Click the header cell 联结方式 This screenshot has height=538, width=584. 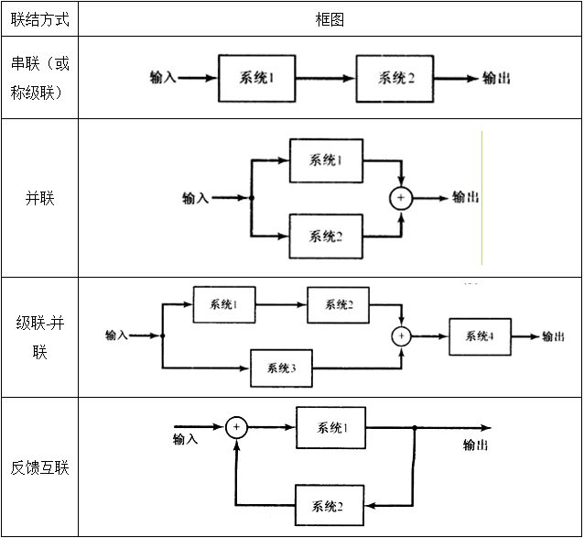coord(39,19)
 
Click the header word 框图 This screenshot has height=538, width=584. coord(330,19)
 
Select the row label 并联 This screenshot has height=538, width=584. coord(39,197)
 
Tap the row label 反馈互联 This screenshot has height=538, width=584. coord(39,467)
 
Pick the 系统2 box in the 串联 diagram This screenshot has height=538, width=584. coord(394,78)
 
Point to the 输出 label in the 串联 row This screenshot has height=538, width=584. coord(496,78)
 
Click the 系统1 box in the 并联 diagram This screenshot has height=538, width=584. coord(326,160)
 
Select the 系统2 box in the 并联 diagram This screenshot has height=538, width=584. coord(326,236)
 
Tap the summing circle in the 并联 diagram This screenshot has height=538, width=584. coord(400,198)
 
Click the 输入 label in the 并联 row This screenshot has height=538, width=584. coord(196,198)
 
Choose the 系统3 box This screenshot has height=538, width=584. coord(281,368)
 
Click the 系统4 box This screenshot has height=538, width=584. coord(480,336)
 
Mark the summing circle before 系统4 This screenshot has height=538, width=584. coord(400,336)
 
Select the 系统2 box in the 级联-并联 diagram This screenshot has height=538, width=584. coord(338,304)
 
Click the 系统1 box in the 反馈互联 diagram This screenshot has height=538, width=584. coord(330,428)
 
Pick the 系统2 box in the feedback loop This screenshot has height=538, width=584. coord(330,506)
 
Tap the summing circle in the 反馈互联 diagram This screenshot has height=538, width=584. coord(237,427)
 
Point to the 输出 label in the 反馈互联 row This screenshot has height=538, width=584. coord(475,445)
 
